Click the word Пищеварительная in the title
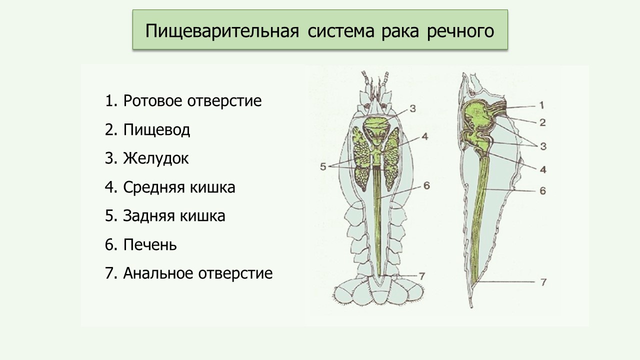click(x=222, y=31)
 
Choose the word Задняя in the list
click(x=148, y=216)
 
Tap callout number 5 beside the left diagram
click(x=323, y=166)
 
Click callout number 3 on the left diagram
click(x=412, y=108)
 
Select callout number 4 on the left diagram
click(x=425, y=136)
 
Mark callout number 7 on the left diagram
click(x=422, y=276)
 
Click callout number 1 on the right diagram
click(x=541, y=105)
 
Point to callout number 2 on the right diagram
click(x=542, y=122)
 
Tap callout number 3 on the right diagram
click(x=543, y=146)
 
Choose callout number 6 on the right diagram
click(x=542, y=191)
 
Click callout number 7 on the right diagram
click(x=543, y=282)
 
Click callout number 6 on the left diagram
click(x=426, y=185)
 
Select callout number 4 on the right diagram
click(x=543, y=169)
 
